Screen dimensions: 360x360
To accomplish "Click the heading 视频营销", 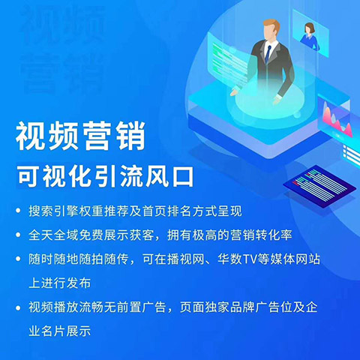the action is [x=80, y=136].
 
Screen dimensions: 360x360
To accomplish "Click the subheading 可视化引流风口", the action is [x=105, y=177].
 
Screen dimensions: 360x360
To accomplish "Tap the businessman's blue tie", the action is [x=268, y=54].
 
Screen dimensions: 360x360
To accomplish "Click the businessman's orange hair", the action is [x=271, y=25].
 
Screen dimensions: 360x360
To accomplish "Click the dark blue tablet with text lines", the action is [x=319, y=186].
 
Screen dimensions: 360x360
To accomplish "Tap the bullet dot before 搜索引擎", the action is [x=18, y=211].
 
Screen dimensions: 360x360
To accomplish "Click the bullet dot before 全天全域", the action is [x=18, y=235].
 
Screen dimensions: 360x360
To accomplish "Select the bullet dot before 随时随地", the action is [x=18, y=259].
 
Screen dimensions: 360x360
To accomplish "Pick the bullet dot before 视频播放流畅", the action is [x=18, y=307].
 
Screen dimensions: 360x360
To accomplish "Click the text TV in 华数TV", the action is [x=250, y=259].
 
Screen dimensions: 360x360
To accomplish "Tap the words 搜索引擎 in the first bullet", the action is [x=54, y=211].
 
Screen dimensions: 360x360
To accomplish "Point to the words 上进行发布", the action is [x=60, y=283].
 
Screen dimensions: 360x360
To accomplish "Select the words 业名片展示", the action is [x=60, y=331].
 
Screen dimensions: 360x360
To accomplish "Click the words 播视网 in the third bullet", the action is [x=173, y=259].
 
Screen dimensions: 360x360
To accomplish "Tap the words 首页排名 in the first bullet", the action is [x=167, y=211].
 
